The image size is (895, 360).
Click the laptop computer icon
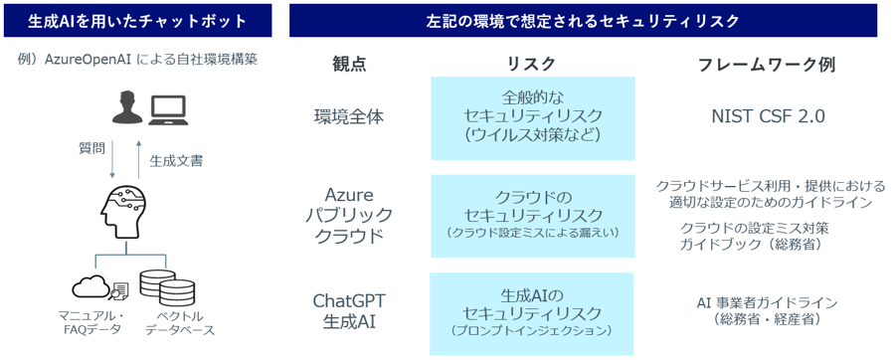[x=167, y=110]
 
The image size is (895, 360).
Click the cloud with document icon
[x=100, y=288]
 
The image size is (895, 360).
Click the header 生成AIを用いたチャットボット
[x=137, y=21]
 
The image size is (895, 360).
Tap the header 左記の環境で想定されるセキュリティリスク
[x=583, y=21]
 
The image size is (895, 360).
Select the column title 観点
[x=349, y=65]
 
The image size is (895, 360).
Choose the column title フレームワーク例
[x=768, y=65]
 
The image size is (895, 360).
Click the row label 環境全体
[x=349, y=116]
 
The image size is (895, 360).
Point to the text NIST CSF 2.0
[x=768, y=117]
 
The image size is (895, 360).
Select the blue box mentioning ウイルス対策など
[x=533, y=118]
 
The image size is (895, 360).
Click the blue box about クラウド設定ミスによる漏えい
[x=533, y=216]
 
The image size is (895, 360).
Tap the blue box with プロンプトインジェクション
[x=533, y=314]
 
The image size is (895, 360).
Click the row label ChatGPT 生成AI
[x=349, y=311]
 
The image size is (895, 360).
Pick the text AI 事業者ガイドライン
[x=767, y=302]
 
